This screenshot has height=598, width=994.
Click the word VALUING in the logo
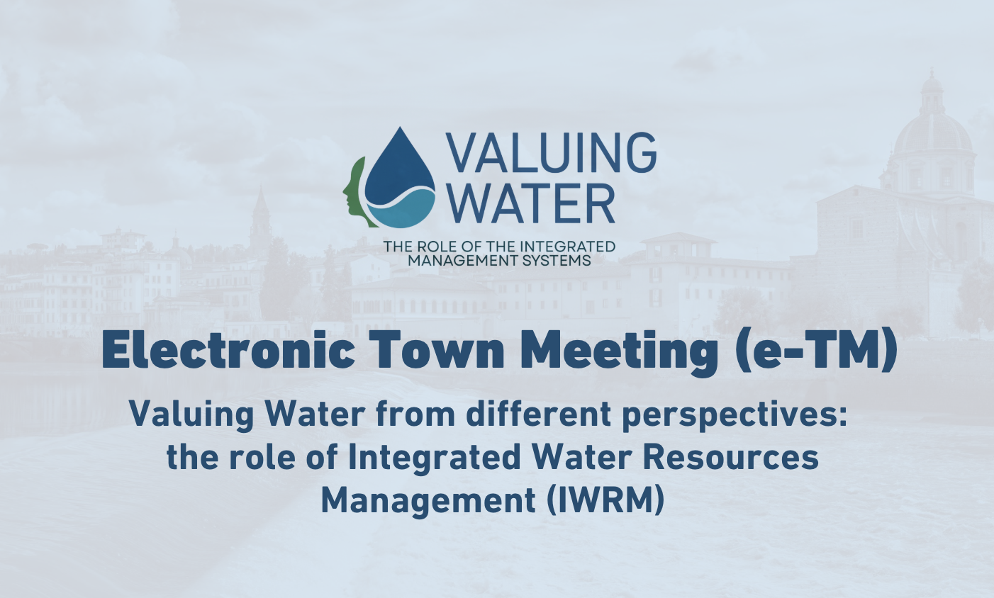pyautogui.click(x=551, y=153)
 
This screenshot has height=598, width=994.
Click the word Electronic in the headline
pyautogui.click(x=228, y=351)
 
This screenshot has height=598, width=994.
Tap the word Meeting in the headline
pyautogui.click(x=620, y=354)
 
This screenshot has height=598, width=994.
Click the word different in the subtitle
pyautogui.click(x=537, y=414)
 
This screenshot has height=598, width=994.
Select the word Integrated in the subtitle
pyautogui.click(x=434, y=458)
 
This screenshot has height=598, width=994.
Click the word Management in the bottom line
pyautogui.click(x=428, y=502)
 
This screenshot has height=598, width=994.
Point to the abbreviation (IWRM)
pyautogui.click(x=606, y=501)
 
